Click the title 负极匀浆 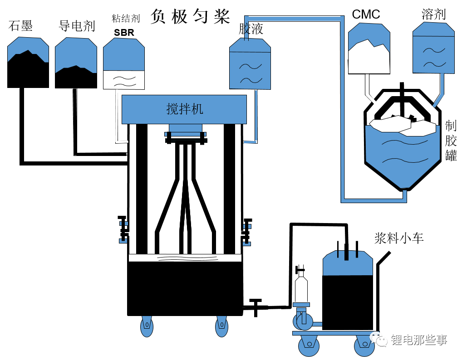190,16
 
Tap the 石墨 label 20,26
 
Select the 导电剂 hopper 76,63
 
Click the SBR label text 124,32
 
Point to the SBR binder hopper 124,63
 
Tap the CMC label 366,14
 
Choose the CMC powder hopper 369,49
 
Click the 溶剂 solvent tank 433,48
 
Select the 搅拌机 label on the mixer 184,109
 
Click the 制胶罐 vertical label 451,141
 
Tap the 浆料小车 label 399,238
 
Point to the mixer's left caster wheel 147,326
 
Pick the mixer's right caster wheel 221,326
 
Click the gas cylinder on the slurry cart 301,286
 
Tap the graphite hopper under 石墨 28,63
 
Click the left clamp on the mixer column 123,229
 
